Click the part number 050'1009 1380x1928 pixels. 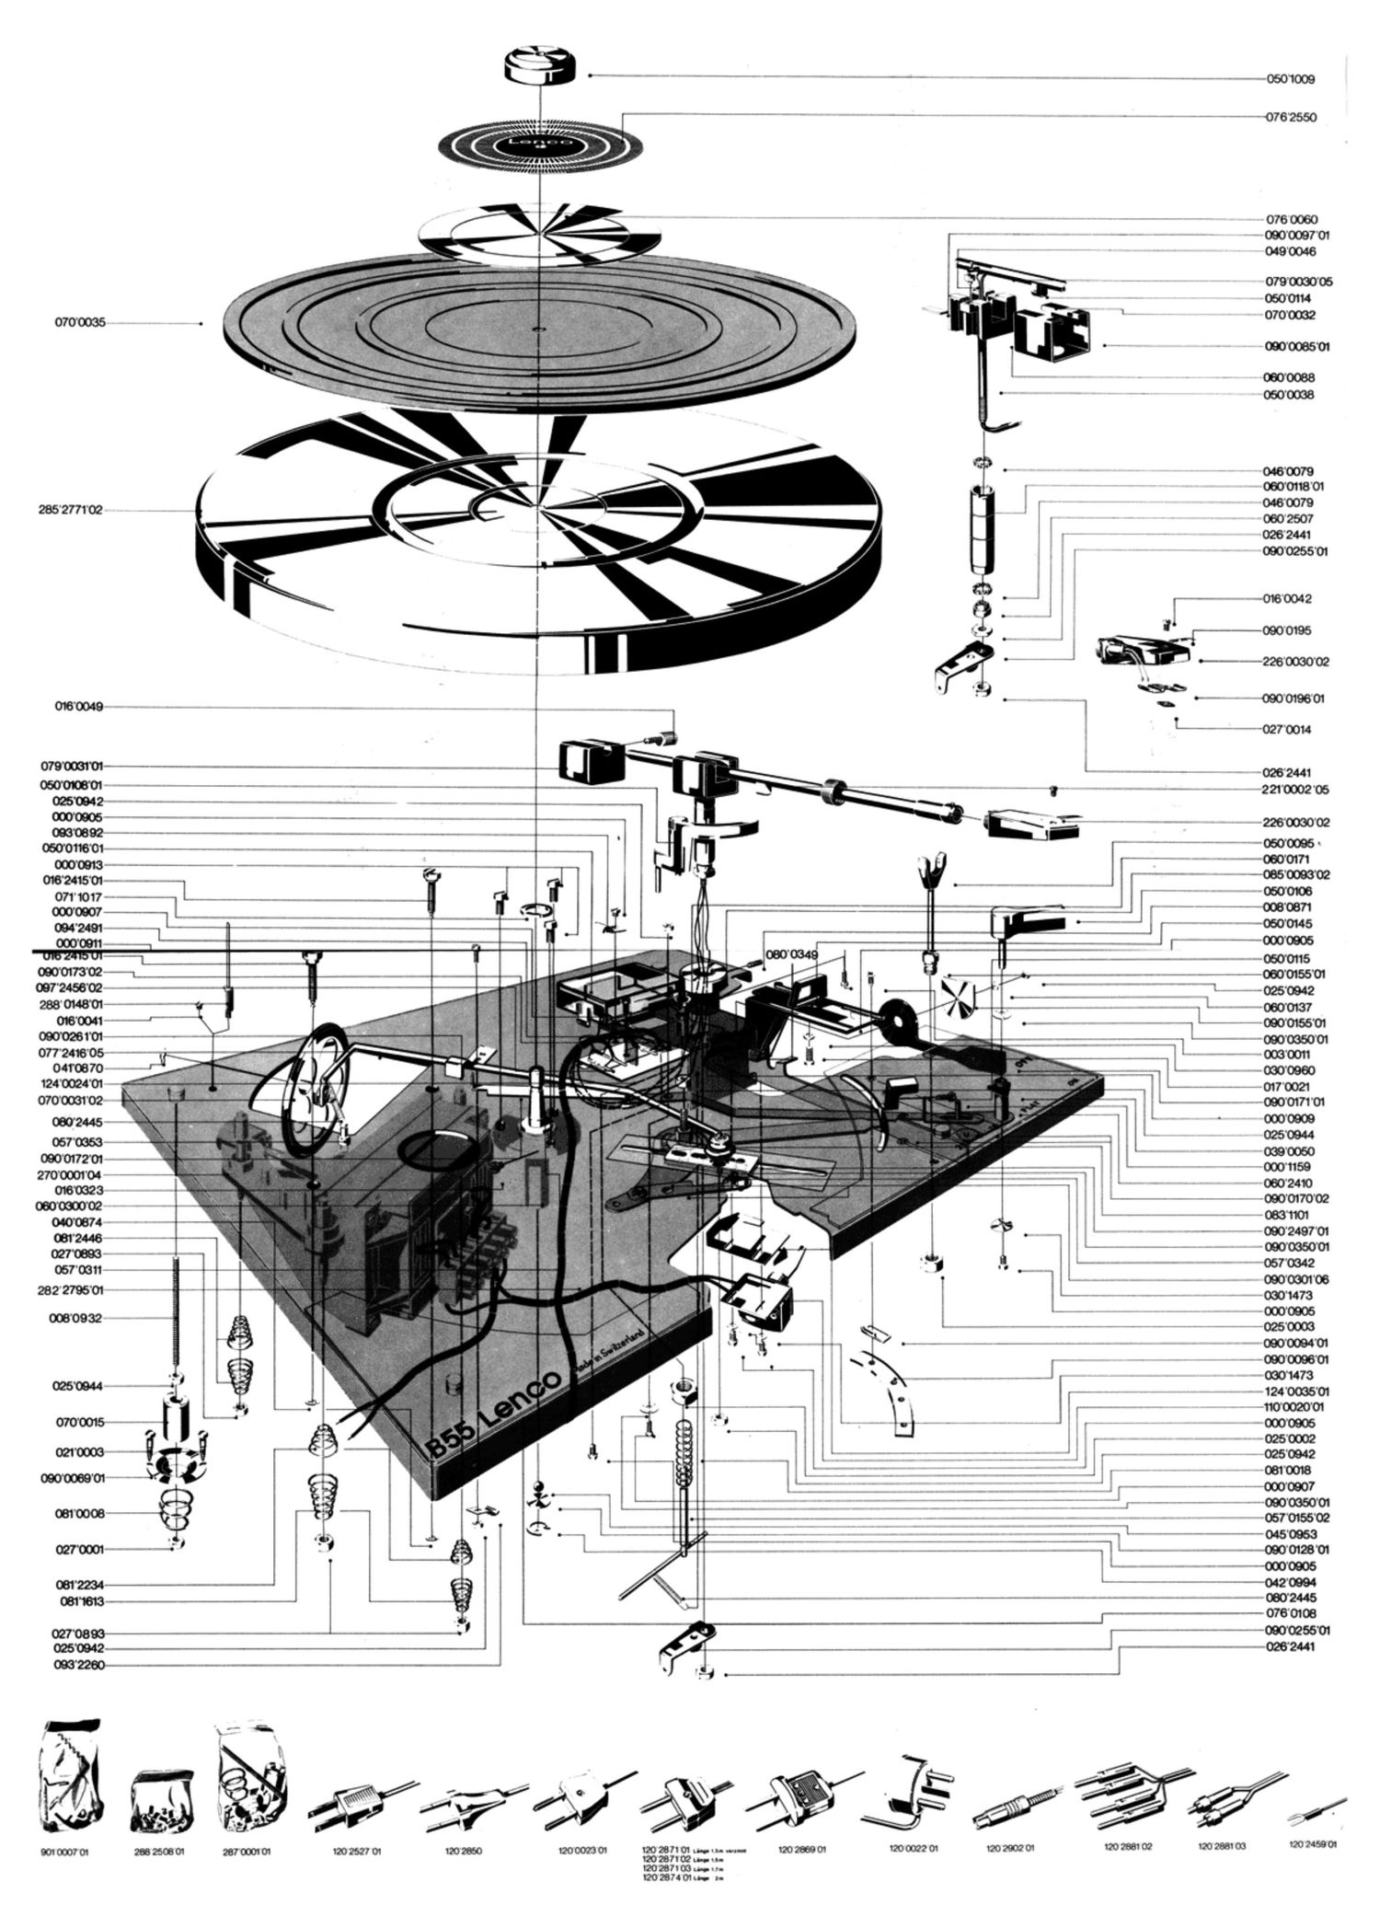coord(1290,80)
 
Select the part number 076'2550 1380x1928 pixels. coord(1290,119)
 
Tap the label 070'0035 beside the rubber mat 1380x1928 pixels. coord(81,323)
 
